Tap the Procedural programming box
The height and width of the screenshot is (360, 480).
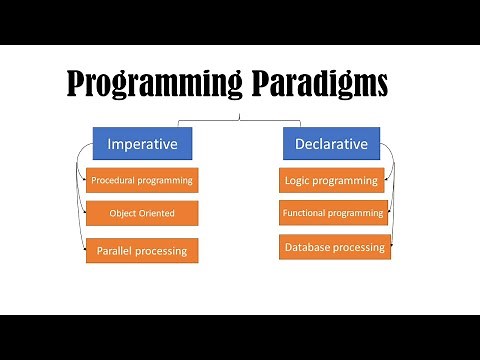[141, 181]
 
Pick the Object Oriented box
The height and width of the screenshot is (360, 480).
[142, 213]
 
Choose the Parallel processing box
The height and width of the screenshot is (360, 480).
[142, 250]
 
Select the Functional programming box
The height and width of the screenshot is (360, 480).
[334, 213]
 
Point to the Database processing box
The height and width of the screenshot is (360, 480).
[334, 246]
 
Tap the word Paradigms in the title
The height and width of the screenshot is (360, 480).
[322, 86]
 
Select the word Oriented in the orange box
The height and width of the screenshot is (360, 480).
[156, 213]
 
